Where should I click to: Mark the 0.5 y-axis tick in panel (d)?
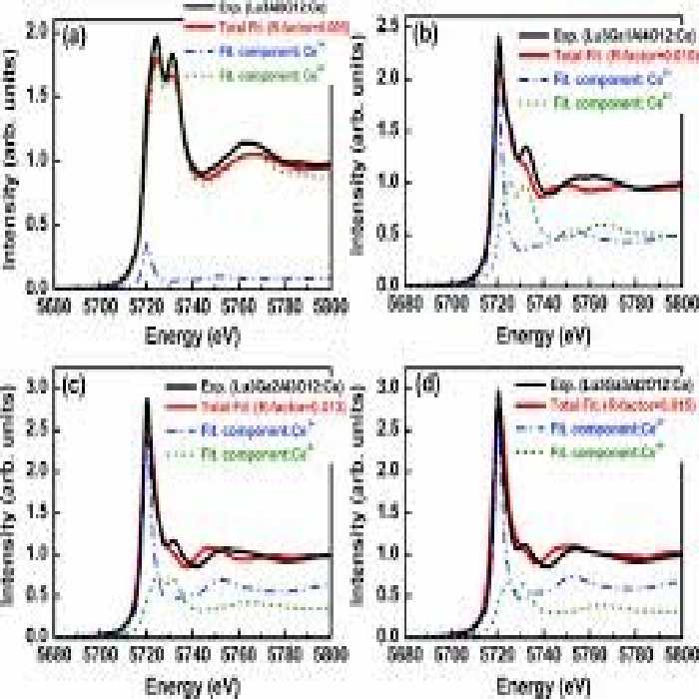[x=386, y=595]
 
